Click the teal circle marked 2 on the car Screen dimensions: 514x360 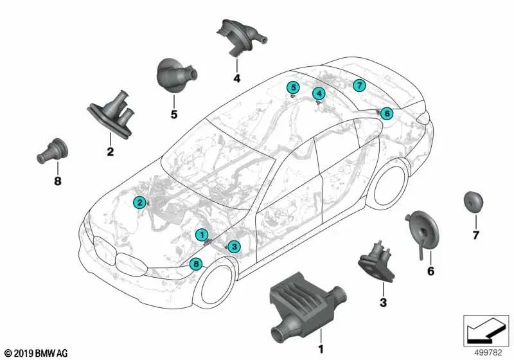click(140, 203)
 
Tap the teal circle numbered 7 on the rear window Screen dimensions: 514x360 click(360, 85)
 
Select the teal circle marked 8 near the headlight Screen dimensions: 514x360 click(196, 264)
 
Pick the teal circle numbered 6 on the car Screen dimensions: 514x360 click(387, 113)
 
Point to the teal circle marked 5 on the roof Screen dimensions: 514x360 click(294, 87)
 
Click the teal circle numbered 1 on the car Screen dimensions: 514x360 click(202, 235)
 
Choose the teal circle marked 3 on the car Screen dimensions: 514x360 click(234, 247)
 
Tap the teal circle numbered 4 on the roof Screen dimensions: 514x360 click(319, 94)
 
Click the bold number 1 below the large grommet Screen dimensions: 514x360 click(321, 349)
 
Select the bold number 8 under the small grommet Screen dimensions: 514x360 click(58, 181)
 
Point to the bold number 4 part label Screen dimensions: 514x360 click(236, 78)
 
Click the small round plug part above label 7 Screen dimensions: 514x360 click(474, 201)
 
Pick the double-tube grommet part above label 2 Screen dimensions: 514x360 click(111, 114)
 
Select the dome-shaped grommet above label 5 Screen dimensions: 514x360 click(176, 76)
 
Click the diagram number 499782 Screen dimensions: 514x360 click(488, 353)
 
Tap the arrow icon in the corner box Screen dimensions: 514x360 click(486, 330)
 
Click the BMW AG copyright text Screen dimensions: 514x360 click(36, 353)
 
